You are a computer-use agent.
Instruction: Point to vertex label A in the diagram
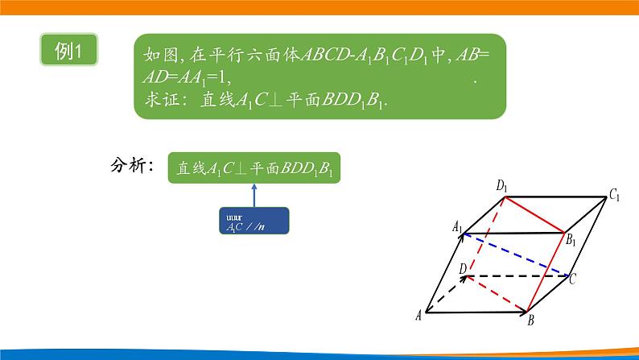[x=419, y=316]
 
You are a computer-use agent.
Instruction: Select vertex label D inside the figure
[x=462, y=267]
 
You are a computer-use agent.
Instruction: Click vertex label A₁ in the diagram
[x=457, y=228]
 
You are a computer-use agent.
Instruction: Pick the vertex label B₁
[x=570, y=239]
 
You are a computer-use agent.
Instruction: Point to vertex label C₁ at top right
[x=614, y=194]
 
